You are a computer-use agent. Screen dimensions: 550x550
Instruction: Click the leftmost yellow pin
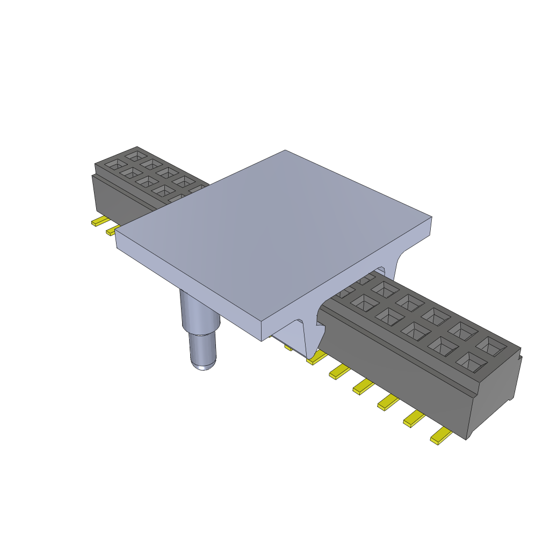pos(99,221)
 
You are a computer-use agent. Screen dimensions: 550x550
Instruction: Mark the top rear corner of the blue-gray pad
pos(285,150)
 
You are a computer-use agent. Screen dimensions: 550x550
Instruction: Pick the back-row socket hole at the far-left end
pos(135,156)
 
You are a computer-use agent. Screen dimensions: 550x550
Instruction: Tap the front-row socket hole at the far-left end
pos(113,164)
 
